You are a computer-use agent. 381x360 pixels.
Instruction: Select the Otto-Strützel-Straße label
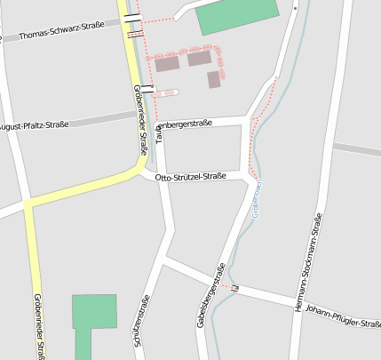point(190,178)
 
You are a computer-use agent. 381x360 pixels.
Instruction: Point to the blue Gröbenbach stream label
point(257,198)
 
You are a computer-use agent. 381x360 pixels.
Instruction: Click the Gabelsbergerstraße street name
point(212,294)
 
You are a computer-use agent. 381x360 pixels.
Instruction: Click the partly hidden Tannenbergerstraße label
point(184,124)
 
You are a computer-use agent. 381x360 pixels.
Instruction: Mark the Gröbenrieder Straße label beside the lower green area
point(39,324)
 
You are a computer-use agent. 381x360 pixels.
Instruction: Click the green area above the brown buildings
point(236,16)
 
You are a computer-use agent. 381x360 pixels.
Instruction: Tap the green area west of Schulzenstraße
point(93,312)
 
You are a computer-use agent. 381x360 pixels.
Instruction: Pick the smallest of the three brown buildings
point(214,80)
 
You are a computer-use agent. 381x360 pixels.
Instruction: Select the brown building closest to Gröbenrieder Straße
point(167,64)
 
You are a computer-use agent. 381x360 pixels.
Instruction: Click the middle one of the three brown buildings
point(199,59)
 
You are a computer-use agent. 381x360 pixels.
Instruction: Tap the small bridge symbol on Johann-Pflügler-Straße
point(235,287)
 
